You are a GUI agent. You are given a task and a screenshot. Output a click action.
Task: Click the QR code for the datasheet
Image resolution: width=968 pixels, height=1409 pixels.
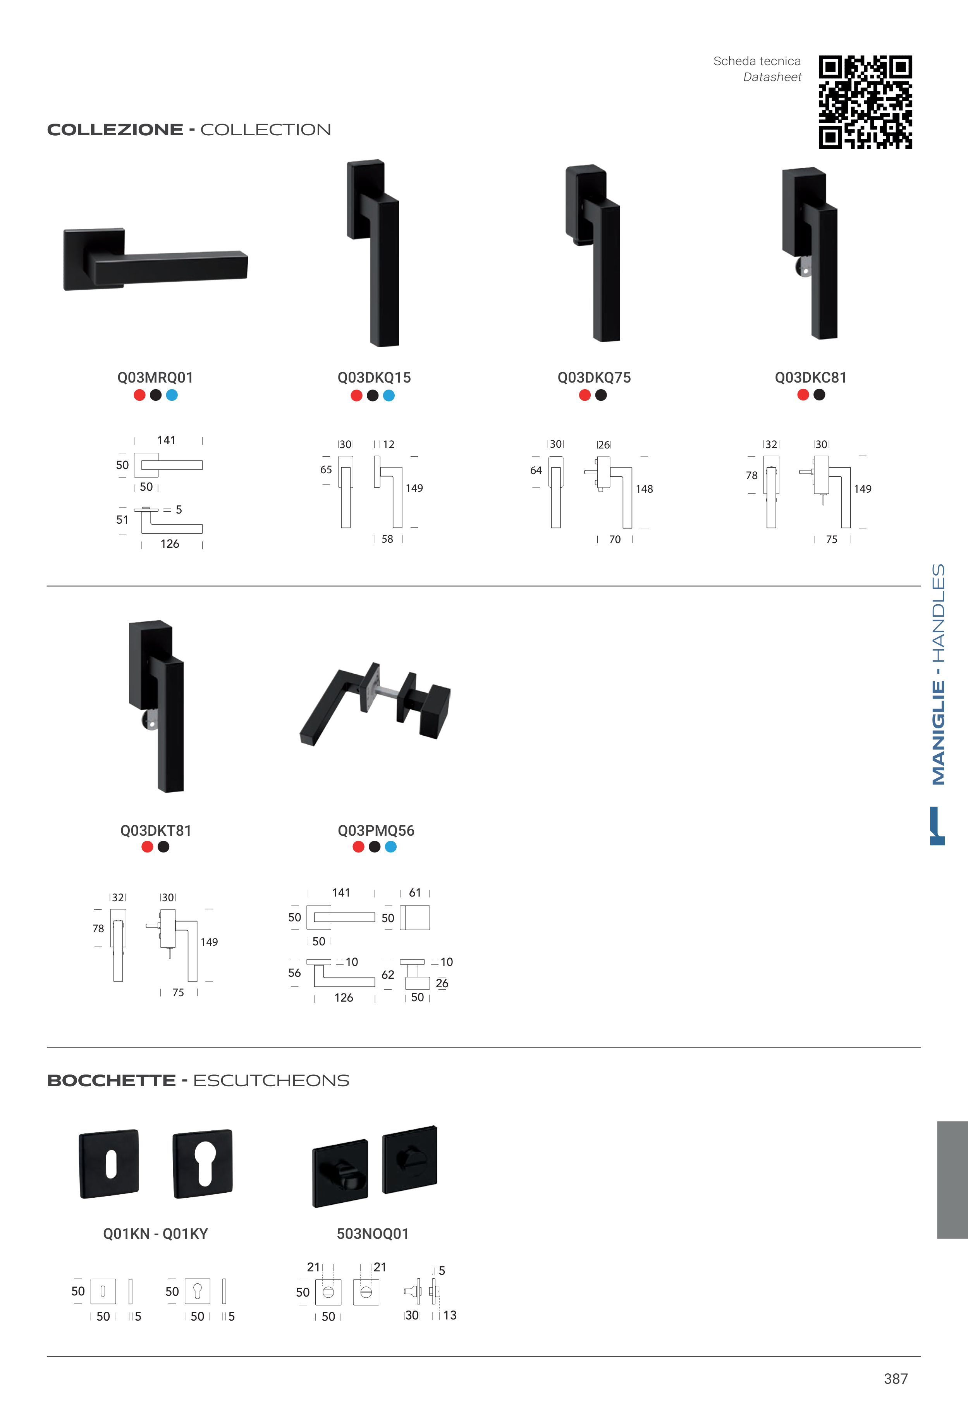coord(865,102)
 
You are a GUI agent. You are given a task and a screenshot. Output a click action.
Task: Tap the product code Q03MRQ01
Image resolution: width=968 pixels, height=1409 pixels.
coord(155,378)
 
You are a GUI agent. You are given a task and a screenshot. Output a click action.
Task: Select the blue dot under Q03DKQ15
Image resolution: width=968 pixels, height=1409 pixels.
coord(389,396)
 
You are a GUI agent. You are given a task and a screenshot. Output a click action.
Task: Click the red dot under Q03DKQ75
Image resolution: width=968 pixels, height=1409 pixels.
coord(585,395)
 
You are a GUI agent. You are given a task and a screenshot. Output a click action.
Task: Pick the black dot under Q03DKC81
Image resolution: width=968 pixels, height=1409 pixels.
coord(819,395)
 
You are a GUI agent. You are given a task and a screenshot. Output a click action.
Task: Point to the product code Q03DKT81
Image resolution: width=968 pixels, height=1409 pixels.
coord(156,831)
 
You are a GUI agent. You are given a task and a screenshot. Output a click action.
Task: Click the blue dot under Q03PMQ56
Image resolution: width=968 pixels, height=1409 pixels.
coord(390,847)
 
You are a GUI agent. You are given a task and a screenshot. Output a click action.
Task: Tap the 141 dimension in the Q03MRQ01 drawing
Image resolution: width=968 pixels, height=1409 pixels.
coord(166,441)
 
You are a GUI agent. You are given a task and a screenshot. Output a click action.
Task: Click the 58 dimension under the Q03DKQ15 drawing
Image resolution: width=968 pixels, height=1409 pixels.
coord(387,539)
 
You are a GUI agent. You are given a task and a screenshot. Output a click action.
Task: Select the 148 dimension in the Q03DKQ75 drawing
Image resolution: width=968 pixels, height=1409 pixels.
coord(644,489)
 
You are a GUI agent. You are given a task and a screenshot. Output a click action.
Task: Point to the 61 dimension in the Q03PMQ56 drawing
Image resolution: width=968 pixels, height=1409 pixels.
coord(415,893)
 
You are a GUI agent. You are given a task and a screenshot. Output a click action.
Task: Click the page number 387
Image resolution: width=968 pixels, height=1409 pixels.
coord(896,1379)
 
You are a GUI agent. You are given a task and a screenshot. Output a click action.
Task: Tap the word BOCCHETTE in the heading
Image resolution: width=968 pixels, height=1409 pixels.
coord(112,1081)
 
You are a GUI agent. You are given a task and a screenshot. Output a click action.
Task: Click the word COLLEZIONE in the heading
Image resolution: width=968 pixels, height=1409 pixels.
coord(115,130)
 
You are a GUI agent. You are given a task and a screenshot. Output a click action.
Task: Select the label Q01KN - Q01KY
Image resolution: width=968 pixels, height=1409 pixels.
coord(155,1234)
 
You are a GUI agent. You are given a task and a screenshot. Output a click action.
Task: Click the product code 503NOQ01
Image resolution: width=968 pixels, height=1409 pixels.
coord(373,1234)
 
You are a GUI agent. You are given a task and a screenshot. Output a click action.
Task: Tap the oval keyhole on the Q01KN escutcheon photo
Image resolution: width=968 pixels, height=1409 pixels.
coord(110,1164)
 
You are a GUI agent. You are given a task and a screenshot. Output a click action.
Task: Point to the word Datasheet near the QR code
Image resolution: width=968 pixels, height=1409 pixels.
coord(772,77)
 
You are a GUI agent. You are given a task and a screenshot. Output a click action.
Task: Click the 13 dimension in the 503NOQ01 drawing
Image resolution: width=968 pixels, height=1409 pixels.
coord(450,1316)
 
